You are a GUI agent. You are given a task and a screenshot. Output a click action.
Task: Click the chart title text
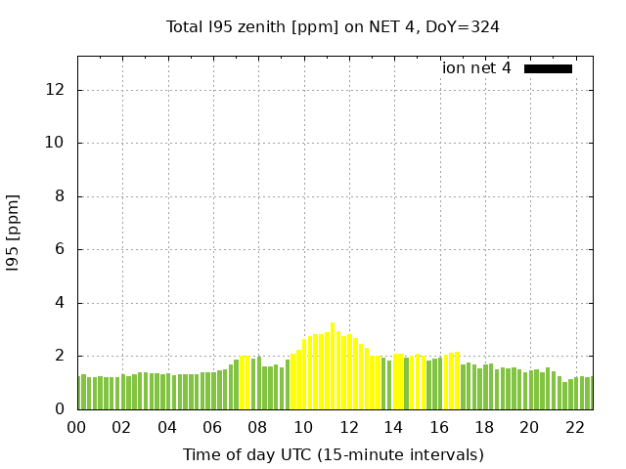(333, 27)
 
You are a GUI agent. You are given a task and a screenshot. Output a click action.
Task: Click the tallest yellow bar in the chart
(333, 366)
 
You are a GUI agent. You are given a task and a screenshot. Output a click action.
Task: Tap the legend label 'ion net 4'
(476, 68)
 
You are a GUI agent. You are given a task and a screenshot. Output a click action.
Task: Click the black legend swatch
(548, 68)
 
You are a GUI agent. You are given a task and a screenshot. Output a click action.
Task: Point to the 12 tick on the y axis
(56, 90)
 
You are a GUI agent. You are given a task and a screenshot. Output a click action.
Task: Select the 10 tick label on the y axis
(56, 144)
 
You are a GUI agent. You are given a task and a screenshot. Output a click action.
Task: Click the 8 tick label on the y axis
(61, 196)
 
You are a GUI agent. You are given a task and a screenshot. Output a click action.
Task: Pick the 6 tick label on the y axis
(61, 250)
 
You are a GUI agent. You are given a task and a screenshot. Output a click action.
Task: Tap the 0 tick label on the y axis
(61, 409)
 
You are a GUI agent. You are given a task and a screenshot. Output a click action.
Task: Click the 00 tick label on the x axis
(76, 428)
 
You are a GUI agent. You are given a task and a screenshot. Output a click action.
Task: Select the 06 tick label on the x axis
(212, 428)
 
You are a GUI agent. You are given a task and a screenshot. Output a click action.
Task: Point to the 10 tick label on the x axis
(303, 428)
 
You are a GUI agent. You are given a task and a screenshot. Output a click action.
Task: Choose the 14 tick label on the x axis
(393, 428)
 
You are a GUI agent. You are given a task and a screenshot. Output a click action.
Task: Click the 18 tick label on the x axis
(484, 428)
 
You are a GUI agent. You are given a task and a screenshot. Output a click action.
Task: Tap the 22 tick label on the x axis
(574, 428)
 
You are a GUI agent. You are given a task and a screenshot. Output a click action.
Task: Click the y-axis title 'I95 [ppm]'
(14, 233)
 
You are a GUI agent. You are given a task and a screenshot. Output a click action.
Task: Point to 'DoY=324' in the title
(466, 27)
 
